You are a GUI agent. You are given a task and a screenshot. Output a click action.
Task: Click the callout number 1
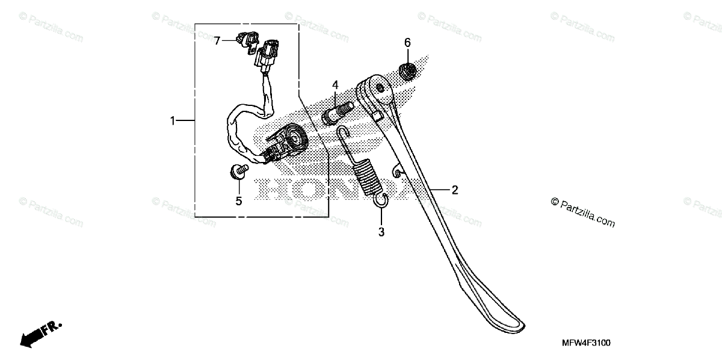pos(173,121)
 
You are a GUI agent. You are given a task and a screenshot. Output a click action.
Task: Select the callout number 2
pos(455,190)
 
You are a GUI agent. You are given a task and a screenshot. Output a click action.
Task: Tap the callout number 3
pos(381,232)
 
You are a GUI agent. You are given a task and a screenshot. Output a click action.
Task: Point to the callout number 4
pos(335,85)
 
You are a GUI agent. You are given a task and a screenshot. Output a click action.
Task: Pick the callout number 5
pos(238,201)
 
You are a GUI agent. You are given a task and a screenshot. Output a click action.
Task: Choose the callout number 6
pos(407,42)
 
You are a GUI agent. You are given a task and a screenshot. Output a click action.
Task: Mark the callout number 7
pos(217,40)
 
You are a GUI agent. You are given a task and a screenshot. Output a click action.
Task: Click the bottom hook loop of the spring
pos(381,201)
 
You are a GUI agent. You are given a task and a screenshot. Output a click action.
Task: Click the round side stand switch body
pos(292,139)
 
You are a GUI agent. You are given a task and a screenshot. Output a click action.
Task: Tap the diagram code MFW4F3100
pos(586,343)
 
